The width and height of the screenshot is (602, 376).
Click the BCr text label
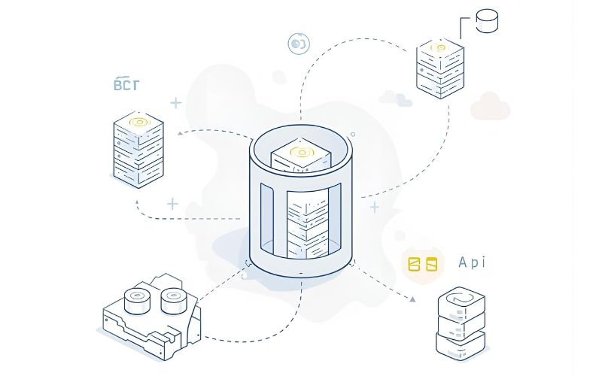point(126,84)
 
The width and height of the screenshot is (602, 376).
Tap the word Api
point(472,262)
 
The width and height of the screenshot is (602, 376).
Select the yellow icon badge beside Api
point(421,264)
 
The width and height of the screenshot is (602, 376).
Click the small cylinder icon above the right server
point(488,20)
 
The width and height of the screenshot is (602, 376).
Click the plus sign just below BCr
point(176,103)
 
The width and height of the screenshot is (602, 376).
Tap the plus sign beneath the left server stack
point(172,203)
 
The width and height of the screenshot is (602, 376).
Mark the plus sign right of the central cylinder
point(374,207)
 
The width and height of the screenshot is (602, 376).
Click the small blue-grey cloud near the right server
point(397,98)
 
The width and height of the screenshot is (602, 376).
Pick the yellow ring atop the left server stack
point(138,121)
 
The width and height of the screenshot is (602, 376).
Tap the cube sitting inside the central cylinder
point(301,155)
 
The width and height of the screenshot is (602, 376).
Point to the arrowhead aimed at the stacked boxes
point(412,299)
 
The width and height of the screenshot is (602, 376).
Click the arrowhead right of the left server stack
point(181,134)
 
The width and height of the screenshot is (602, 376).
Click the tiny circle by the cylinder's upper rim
point(353,135)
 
